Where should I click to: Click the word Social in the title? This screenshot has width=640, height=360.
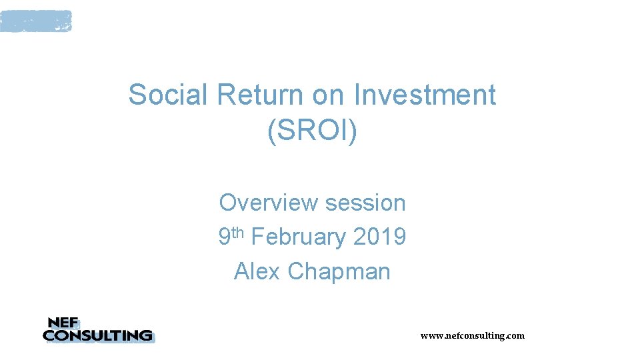click(168, 95)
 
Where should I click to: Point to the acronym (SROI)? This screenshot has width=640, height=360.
click(312, 131)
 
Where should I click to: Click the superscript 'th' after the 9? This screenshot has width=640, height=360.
click(239, 232)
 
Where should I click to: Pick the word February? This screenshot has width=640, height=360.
click(299, 237)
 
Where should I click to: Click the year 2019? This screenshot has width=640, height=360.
click(380, 237)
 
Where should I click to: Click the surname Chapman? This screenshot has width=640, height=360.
click(339, 272)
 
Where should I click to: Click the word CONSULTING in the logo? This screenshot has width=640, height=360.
click(97, 335)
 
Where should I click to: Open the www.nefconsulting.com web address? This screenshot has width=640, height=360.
click(472, 335)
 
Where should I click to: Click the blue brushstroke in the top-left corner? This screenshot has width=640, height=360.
click(35, 21)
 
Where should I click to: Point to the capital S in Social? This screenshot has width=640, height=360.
click(136, 95)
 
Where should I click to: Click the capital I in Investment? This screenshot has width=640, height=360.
click(357, 95)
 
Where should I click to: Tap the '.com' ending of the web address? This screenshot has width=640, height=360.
click(515, 335)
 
